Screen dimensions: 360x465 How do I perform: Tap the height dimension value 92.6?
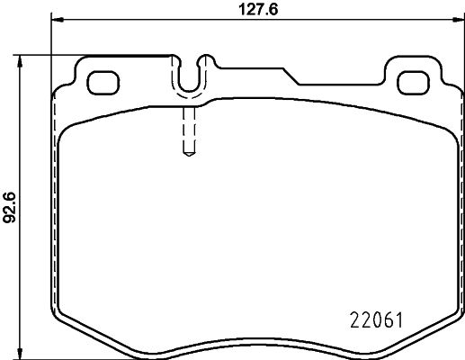[10, 205]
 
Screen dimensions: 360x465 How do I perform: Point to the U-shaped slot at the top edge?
[190, 77]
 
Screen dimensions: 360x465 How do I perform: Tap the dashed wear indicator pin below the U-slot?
[190, 130]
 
